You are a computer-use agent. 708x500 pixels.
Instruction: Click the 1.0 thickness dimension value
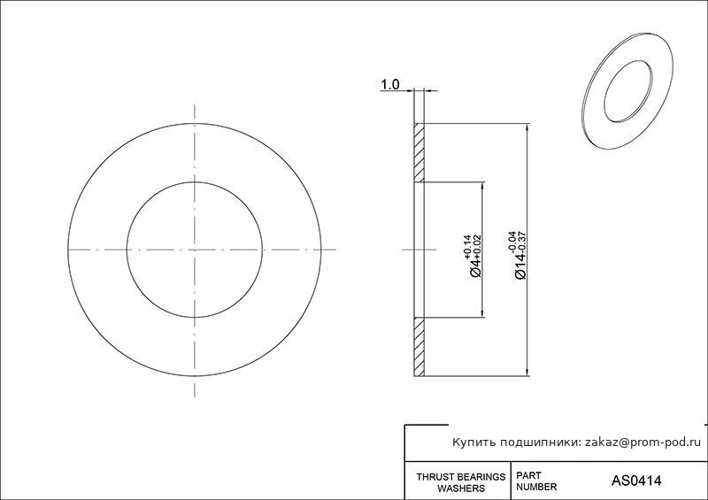coord(390,84)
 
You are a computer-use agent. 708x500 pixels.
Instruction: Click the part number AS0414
coord(635,481)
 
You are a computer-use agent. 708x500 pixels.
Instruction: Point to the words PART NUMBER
coord(536,481)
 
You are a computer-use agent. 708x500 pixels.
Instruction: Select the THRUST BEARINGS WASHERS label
coord(460,482)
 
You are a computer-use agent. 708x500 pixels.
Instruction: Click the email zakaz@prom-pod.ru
coord(643,442)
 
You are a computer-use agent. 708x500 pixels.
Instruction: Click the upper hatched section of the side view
coord(419,153)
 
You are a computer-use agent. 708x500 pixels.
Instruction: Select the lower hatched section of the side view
coord(419,346)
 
